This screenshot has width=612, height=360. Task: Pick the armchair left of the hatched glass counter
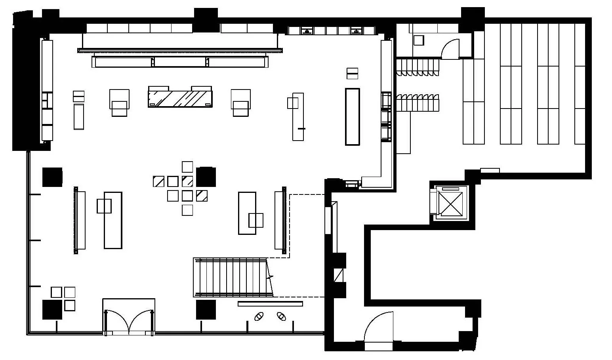point(119,103)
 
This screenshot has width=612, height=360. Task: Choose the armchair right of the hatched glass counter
point(241,103)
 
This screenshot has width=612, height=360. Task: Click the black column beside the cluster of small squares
point(206,177)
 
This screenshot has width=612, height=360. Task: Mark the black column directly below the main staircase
point(206,309)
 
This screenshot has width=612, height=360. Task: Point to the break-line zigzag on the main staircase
point(270,277)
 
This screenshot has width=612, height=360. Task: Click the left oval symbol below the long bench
point(259,316)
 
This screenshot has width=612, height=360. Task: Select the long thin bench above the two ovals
point(270,304)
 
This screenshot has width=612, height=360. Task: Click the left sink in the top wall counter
point(307,31)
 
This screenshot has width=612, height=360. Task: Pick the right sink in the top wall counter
point(357,31)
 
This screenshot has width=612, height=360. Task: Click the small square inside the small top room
point(418,40)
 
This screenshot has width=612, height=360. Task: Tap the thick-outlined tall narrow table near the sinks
point(352,116)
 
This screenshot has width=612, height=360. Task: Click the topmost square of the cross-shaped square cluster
point(187,167)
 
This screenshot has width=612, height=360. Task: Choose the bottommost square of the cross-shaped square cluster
point(187,210)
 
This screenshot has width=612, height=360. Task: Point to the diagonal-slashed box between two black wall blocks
point(338,275)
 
